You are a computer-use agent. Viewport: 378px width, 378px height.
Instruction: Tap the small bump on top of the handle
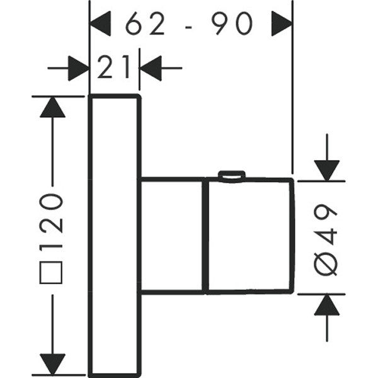[231, 175]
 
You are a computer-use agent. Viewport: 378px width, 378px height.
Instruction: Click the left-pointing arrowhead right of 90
[281, 26]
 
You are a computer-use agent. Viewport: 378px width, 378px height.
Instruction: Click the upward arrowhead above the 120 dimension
[52, 108]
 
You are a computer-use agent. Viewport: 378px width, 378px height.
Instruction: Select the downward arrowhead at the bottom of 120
[53, 364]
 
